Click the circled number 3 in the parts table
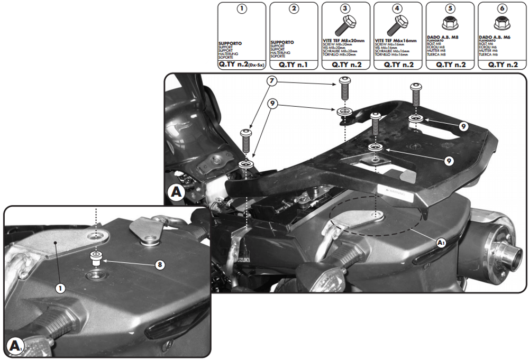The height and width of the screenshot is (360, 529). tap(345, 8)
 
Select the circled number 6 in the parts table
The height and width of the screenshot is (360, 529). tap(502, 8)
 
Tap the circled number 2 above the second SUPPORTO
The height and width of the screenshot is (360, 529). tap(294, 8)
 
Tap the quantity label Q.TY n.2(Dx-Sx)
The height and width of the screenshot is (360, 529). tap(242, 64)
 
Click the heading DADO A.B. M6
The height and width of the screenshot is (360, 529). tap(495, 38)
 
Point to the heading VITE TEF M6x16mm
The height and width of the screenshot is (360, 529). tap(395, 40)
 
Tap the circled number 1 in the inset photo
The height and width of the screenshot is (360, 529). tap(61, 288)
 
